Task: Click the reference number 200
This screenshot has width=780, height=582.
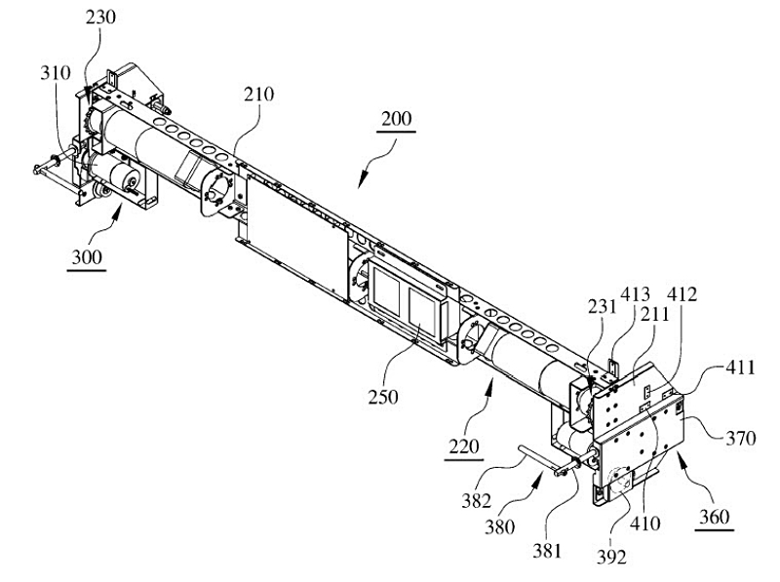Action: coord(397,119)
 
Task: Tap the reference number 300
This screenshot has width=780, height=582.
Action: coord(87,257)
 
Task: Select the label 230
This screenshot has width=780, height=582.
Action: coord(100,18)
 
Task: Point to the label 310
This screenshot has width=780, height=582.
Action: coord(56,73)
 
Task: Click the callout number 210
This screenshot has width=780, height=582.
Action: coord(258,94)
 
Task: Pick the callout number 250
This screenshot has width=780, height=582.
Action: coord(383,397)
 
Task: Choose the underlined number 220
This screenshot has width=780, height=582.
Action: coord(464,446)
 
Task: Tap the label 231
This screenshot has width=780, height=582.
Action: coord(602,306)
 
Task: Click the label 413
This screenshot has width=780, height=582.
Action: coord(636,294)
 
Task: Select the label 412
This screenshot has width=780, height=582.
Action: coord(682,294)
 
